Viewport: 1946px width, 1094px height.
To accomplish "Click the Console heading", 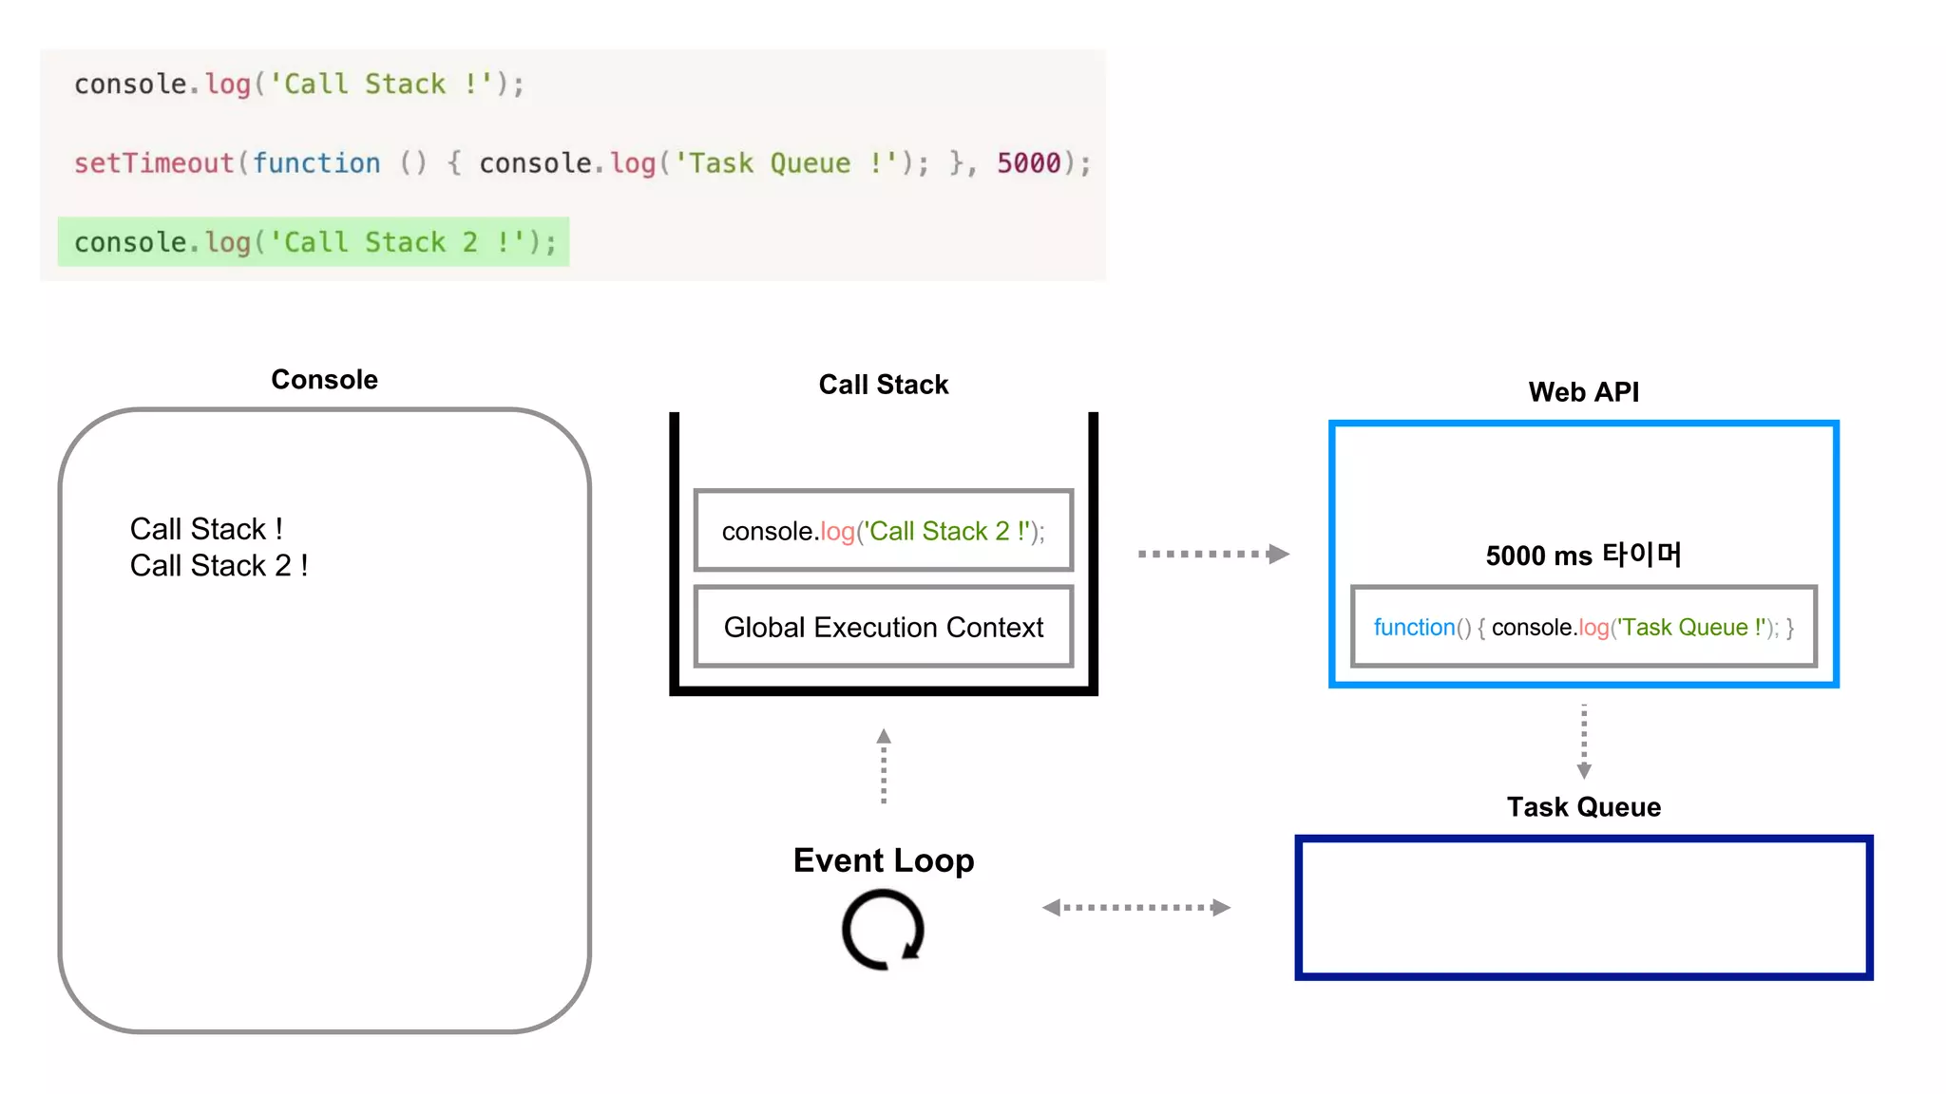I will (x=324, y=380).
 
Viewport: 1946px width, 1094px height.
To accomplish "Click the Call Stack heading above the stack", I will (x=883, y=385).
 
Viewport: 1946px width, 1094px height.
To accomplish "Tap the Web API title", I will (x=1583, y=392).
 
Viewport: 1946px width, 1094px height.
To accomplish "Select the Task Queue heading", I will (x=1583, y=807).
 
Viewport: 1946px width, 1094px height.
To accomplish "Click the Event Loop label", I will (x=883, y=860).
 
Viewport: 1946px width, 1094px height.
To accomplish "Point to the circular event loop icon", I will (x=883, y=930).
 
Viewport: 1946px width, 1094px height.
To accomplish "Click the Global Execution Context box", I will (x=883, y=628).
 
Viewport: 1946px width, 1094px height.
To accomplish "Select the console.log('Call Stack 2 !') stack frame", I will (x=883, y=531).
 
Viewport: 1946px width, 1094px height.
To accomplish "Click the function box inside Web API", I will (x=1583, y=628).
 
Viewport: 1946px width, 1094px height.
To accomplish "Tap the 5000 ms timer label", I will (x=1583, y=556).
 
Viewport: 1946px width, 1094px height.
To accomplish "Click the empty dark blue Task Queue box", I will (x=1583, y=908).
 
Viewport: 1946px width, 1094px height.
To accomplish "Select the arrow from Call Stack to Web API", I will (x=1212, y=554).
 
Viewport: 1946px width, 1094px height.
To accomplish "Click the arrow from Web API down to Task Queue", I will (x=1583, y=741).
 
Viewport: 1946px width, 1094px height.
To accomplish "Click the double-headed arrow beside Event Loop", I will (x=1135, y=908).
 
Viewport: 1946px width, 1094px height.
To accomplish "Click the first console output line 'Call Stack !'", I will (x=206, y=529).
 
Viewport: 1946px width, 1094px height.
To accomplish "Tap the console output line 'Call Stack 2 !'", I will (x=219, y=566).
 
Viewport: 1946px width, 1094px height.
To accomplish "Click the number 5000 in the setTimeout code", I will (x=1028, y=163).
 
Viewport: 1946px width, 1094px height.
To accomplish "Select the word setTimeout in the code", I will (x=154, y=163).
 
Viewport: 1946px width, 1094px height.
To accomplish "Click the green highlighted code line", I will (x=314, y=242).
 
